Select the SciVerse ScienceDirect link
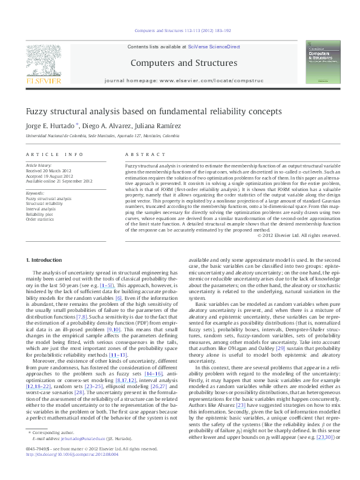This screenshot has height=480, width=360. point(214,47)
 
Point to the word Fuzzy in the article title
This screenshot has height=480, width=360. point(36,112)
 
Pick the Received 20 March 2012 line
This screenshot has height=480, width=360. point(50,170)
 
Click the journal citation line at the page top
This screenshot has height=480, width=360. point(180,30)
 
